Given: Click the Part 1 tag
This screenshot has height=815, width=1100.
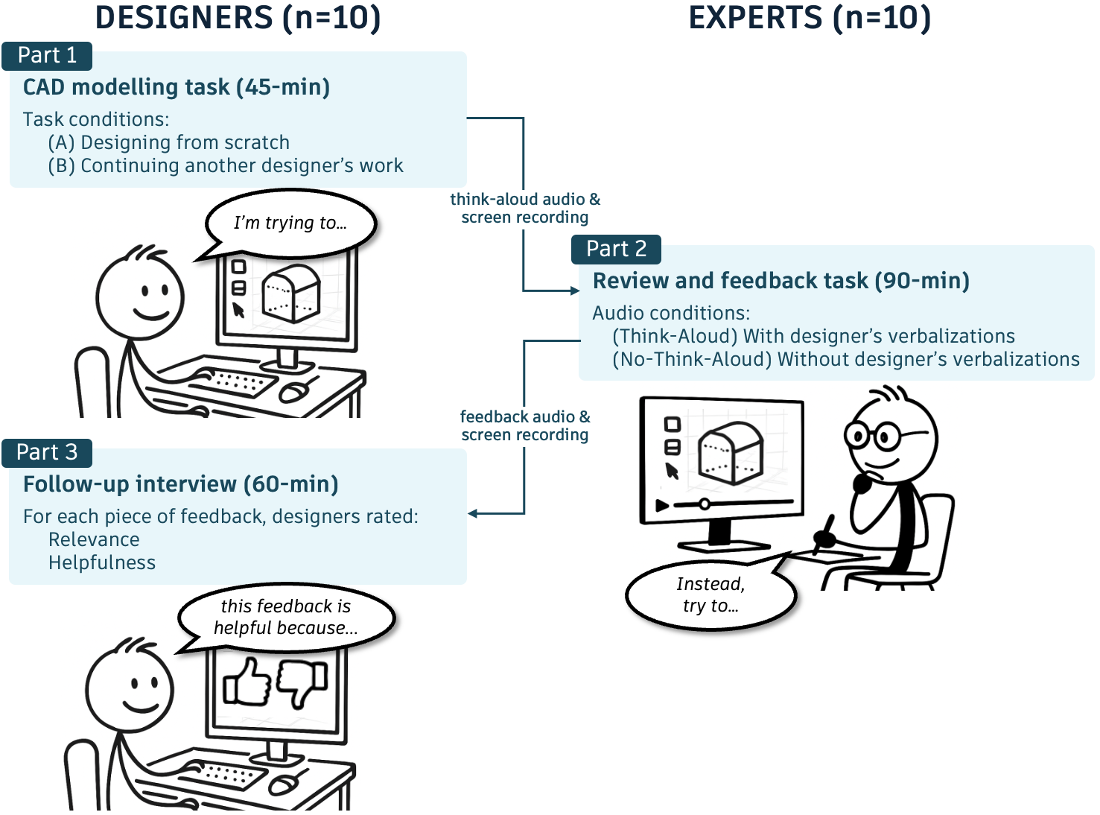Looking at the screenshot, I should (x=47, y=56).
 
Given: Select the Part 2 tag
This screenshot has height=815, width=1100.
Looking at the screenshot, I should (x=616, y=250).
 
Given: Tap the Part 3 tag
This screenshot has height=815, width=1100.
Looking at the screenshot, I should (x=47, y=453).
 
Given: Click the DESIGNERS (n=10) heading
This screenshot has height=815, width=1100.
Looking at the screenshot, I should (x=238, y=18).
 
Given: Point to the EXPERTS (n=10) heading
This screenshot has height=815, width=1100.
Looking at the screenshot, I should (x=810, y=18).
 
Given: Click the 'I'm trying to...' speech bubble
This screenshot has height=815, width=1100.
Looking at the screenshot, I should (x=290, y=223).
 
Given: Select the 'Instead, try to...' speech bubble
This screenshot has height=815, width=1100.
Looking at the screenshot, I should (x=710, y=594).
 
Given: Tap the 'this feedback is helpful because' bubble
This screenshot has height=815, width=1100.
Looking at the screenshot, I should (x=286, y=617).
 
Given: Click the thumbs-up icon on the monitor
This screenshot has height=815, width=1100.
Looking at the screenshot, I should (x=247, y=681).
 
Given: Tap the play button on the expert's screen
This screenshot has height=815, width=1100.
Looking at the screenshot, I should (x=661, y=505).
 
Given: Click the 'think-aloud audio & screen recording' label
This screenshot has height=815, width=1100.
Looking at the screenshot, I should (x=525, y=209).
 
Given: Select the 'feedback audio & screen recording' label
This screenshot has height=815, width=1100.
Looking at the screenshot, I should (x=525, y=426).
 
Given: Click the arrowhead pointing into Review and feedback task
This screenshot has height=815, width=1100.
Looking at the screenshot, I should (x=574, y=291).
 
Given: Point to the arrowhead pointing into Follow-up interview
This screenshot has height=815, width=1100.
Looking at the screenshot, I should (x=473, y=513).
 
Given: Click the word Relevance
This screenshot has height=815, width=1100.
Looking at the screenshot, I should (x=94, y=539).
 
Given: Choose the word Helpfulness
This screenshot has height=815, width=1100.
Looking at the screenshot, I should (x=102, y=562).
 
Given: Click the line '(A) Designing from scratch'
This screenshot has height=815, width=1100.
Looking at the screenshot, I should (x=168, y=142).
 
